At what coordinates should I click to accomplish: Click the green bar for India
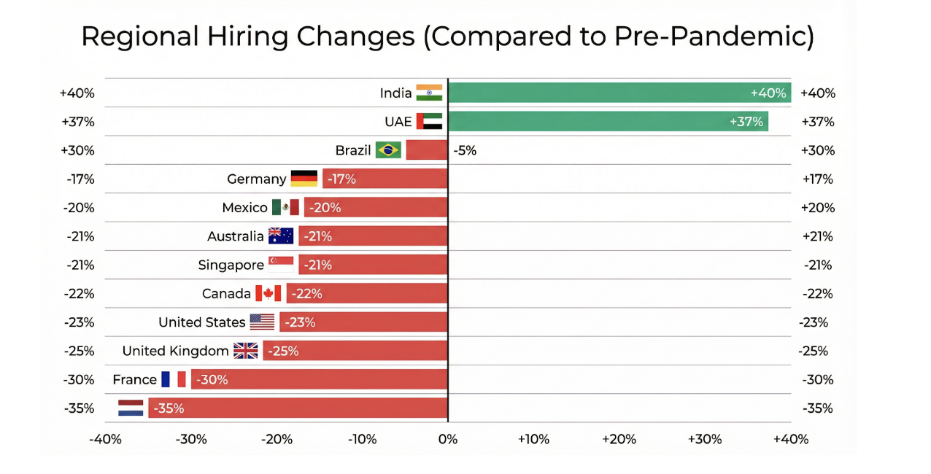click(619, 93)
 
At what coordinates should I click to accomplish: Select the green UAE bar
click(607, 122)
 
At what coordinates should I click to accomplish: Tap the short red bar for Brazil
click(426, 150)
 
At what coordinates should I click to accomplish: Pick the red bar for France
click(319, 379)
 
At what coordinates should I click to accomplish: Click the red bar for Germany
click(385, 179)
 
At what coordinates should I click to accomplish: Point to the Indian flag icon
click(429, 93)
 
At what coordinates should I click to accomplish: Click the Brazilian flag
click(388, 150)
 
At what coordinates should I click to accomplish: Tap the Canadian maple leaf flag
click(268, 294)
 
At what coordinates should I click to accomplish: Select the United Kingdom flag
click(246, 351)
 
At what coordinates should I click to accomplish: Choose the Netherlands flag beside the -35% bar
click(131, 408)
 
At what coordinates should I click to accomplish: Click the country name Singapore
click(231, 265)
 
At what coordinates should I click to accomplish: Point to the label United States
click(201, 322)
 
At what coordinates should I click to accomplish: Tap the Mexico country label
click(244, 208)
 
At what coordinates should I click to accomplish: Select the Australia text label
click(235, 236)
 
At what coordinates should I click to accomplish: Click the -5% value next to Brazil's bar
click(465, 150)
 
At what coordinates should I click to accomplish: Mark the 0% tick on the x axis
click(447, 439)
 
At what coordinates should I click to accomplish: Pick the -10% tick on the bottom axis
click(362, 439)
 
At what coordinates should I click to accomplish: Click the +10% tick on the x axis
click(533, 439)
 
